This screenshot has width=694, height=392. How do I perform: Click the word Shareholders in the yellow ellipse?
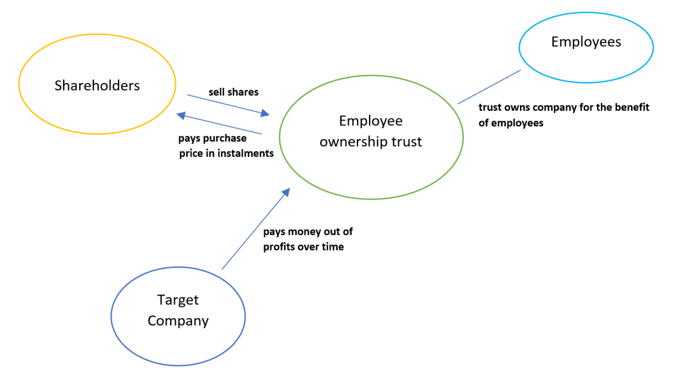point(97,85)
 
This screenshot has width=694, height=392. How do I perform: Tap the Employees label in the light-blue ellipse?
point(586,42)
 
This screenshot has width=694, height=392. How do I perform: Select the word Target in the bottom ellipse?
point(178,300)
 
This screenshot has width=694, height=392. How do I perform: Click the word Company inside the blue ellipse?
point(178,321)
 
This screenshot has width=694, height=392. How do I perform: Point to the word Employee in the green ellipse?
point(371,121)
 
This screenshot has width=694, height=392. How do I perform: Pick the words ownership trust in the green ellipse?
point(371,141)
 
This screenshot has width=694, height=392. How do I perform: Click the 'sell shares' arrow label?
point(233,92)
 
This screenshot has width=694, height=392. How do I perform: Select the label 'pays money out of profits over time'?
point(308,239)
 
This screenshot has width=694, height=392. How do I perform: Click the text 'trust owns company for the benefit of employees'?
point(564,115)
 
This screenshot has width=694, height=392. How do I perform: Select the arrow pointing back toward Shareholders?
point(220,124)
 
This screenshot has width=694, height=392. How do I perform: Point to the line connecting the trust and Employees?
point(489,87)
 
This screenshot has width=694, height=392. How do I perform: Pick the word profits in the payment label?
point(279,247)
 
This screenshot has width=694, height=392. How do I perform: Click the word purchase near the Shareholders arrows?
point(224,139)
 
